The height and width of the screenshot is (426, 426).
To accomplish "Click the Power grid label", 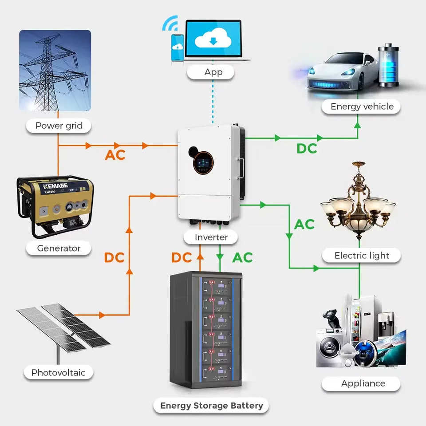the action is (59, 126).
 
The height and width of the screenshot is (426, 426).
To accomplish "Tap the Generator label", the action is (59, 248).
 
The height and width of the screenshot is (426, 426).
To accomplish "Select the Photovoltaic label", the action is (59, 372).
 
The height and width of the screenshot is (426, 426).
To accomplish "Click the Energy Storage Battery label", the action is (211, 405).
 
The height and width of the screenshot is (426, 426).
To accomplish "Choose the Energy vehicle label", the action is (361, 106).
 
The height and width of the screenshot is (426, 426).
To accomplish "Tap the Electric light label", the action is (361, 256).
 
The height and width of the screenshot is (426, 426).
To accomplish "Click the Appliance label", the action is (361, 383).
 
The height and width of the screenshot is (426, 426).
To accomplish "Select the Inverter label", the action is (211, 237).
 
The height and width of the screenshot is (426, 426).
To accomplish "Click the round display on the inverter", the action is (203, 163).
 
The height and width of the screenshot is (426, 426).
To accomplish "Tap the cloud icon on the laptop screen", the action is (213, 39).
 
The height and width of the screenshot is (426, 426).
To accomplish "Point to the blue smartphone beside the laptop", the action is (177, 47).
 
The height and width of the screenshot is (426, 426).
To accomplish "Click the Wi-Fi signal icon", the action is (170, 23).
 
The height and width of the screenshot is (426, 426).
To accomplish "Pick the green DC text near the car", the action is (307, 149).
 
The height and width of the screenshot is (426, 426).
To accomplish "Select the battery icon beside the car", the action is (389, 65).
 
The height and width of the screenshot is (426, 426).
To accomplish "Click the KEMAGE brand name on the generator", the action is (55, 186).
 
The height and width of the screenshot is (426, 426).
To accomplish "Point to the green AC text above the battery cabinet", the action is (242, 257).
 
